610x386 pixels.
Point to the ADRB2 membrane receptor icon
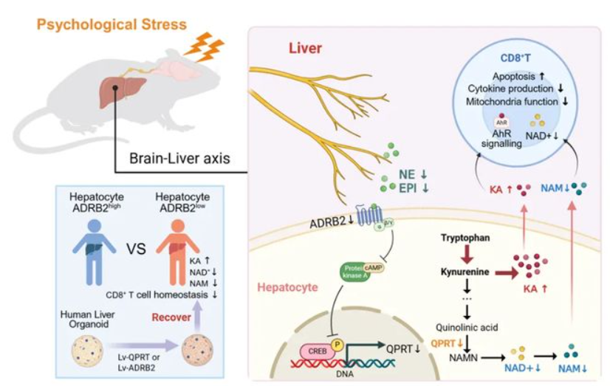click(368, 218)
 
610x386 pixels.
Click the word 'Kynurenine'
click(466, 272)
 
